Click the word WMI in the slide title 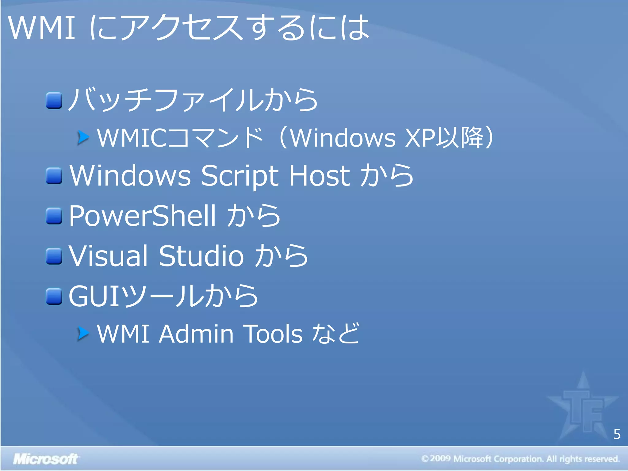click(41, 28)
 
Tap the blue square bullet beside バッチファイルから click(54, 100)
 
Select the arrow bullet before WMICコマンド click(83, 137)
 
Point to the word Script click(239, 175)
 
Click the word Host click(319, 175)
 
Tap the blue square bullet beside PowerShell click(54, 216)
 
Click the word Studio click(201, 256)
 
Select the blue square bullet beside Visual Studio click(54, 256)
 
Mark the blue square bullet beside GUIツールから click(54, 297)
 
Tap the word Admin click(196, 334)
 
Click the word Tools click(273, 334)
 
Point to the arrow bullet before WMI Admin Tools click(83, 334)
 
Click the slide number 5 click(617, 434)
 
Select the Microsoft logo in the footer click(45, 459)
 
